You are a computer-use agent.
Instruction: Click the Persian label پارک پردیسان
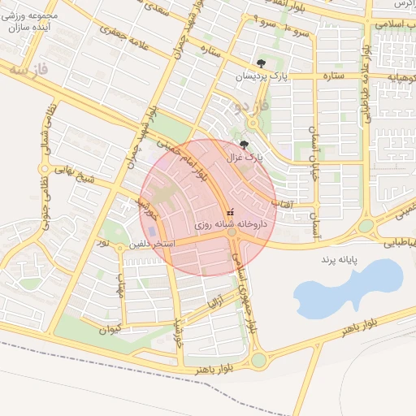(262, 76)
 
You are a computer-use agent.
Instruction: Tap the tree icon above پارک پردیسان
(261, 63)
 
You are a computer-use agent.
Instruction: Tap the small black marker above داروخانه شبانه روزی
(231, 210)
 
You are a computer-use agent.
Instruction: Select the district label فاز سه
(32, 71)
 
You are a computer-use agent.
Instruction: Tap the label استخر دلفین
(149, 243)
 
